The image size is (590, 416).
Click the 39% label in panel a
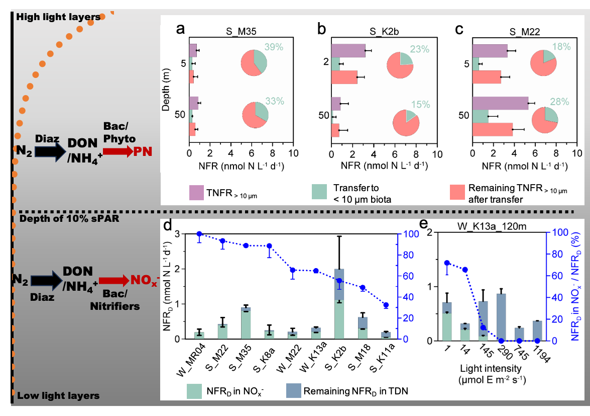point(274,47)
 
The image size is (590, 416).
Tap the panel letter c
point(459,30)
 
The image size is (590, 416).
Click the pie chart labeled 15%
point(406,123)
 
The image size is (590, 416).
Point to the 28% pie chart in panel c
point(545,121)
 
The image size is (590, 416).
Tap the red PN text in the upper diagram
point(143,151)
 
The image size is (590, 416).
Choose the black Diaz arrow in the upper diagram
point(52,150)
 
